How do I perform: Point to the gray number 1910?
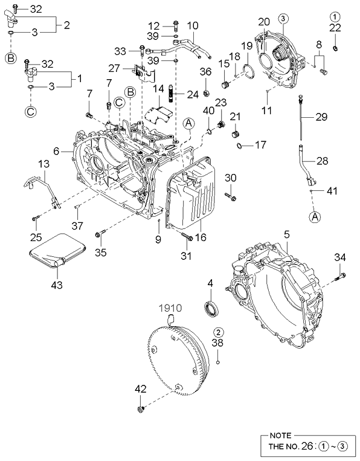tap(172, 307)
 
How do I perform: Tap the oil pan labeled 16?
tap(193, 193)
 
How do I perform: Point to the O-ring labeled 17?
tap(241, 145)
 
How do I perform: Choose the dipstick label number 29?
tap(320, 117)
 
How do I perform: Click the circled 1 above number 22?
tap(335, 15)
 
